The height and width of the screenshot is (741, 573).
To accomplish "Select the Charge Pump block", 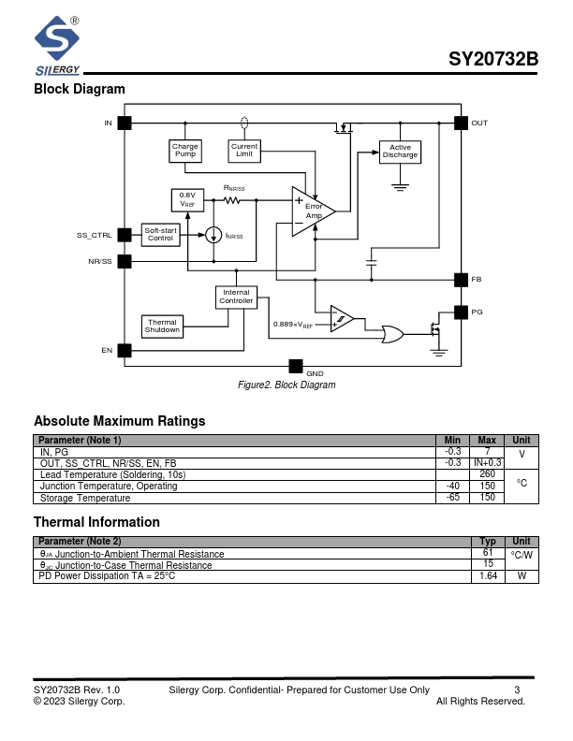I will click(x=185, y=150).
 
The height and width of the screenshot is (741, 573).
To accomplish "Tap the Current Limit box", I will click(x=244, y=150).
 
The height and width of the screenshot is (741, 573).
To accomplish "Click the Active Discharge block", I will click(x=400, y=151).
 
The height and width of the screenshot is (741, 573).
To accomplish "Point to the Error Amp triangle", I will click(x=310, y=212).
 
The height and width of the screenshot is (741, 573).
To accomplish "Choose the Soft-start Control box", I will click(x=161, y=234).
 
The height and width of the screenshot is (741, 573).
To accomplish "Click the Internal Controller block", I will click(x=236, y=297).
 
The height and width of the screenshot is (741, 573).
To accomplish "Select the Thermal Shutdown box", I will click(x=162, y=326).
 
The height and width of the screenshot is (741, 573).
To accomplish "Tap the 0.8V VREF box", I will click(x=187, y=199).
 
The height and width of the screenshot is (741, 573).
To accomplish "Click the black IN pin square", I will click(x=124, y=123).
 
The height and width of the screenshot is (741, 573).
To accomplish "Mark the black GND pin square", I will click(x=296, y=366).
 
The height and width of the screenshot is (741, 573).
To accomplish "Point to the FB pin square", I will click(x=461, y=280).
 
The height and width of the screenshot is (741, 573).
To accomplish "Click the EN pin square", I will click(x=124, y=350).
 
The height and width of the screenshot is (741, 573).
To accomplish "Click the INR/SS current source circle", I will click(x=214, y=234).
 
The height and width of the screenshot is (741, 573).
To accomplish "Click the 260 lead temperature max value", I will click(x=487, y=474).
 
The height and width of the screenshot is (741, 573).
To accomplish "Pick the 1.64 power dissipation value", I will click(x=488, y=576).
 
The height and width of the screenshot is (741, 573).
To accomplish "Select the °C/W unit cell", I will click(x=522, y=555).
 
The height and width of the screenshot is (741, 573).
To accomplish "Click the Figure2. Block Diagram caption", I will click(x=286, y=385).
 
